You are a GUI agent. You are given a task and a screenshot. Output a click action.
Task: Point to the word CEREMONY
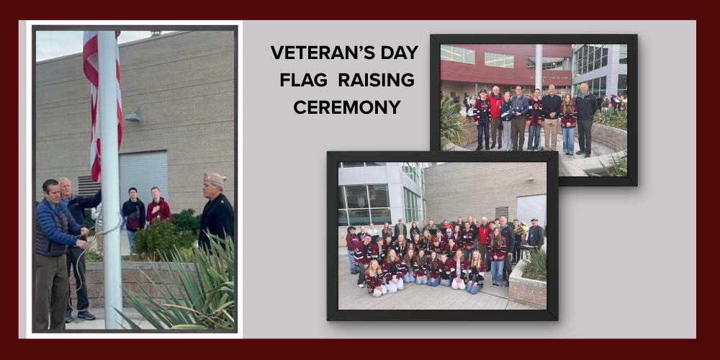(x=337, y=107)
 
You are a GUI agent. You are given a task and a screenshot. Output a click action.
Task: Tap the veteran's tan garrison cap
(x=215, y=178)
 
